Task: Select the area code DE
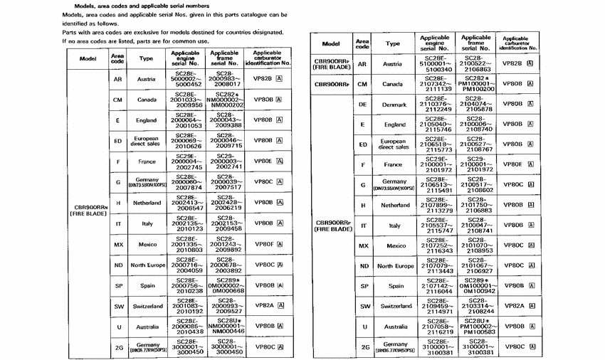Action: tap(362, 105)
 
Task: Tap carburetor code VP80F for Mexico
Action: tap(263, 244)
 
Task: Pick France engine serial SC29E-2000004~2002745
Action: tap(189, 162)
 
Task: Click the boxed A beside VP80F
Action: tap(280, 244)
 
